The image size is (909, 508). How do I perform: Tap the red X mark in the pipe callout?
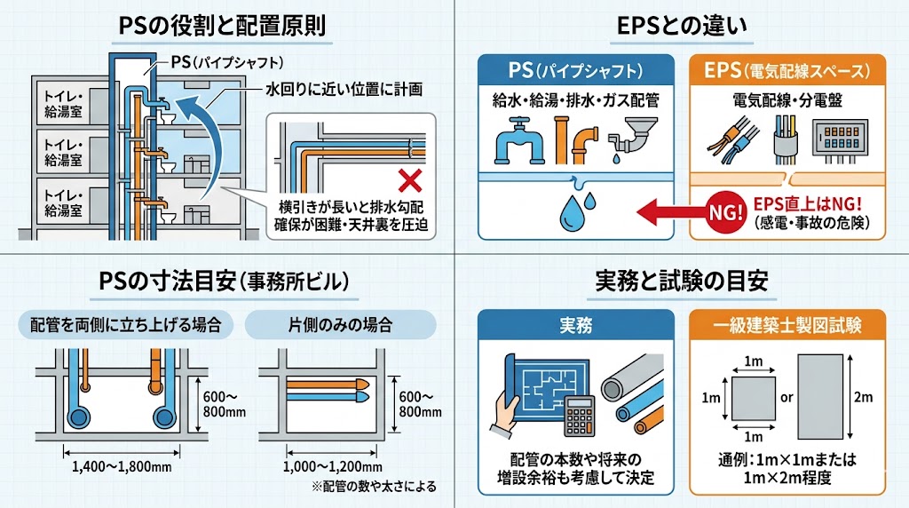pos(410,182)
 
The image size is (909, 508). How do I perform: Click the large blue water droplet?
pos(571,210)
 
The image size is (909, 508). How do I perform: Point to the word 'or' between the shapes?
pos(786,397)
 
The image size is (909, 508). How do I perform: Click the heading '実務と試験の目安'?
pos(682,281)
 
